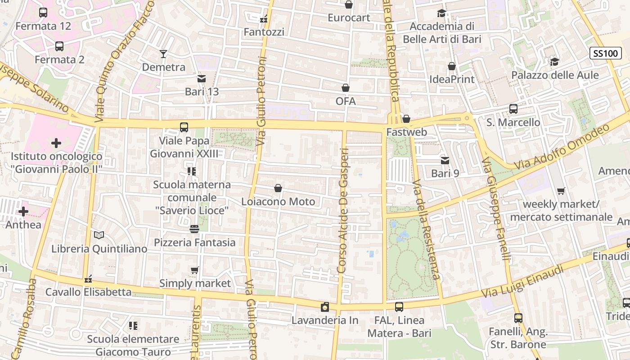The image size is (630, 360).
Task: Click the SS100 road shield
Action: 605,54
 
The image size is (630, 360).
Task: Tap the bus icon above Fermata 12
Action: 43,13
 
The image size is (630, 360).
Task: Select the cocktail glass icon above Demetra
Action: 163,54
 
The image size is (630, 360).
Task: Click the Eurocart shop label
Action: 349,18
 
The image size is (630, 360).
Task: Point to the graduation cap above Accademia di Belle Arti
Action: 441,13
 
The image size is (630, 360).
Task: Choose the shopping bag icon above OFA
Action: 346,88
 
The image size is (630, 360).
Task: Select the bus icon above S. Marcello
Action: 513,109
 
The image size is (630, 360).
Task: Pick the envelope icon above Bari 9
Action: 445,160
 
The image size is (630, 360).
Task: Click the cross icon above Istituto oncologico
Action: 56,144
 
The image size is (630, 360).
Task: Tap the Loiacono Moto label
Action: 278,201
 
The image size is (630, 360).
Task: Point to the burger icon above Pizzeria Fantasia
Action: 194,229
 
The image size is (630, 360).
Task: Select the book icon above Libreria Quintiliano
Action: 99,235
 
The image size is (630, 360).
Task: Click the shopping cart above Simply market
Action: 195,270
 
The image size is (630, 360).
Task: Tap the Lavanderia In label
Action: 325,320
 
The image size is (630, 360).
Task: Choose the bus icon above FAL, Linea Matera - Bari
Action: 399,307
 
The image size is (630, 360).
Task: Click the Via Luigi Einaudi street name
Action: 522,281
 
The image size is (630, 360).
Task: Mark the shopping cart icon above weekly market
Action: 561,191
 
